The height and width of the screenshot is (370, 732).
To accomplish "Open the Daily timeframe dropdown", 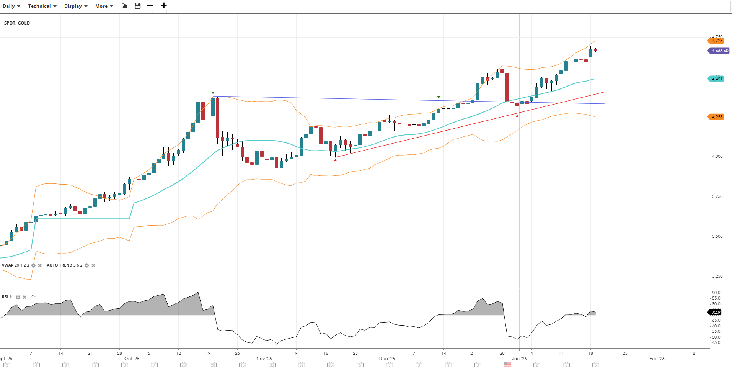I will pos(11,6).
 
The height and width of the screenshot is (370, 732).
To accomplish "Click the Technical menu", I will pos(42,6).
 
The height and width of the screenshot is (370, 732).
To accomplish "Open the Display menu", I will pos(76,6).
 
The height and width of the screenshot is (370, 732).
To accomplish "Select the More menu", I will pos(104,6).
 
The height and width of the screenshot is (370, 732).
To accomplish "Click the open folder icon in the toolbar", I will pos(124,6).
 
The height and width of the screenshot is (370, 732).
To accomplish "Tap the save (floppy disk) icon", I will pos(138,6).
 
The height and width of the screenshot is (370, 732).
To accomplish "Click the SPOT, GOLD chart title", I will pos(17,23).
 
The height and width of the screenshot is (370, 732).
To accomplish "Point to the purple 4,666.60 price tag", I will pos(719,51).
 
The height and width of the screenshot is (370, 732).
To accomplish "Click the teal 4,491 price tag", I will pos(717,79).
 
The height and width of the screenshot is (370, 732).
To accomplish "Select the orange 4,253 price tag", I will pos(717,117).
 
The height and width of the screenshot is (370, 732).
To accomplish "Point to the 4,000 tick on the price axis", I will pos(717,156).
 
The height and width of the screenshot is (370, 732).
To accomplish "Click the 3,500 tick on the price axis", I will pos(717,236).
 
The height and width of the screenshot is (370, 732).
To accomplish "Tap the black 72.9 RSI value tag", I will pos(716,312).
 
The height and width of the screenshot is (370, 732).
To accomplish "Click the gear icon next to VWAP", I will pos(33,265).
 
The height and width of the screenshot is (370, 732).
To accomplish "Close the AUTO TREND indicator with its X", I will pos(93,265).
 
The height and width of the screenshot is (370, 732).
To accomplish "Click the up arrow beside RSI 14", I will pos(33,297).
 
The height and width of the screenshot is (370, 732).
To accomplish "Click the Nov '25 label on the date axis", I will pos(264,359).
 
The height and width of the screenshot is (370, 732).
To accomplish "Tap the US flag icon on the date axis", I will pos(507,364).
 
